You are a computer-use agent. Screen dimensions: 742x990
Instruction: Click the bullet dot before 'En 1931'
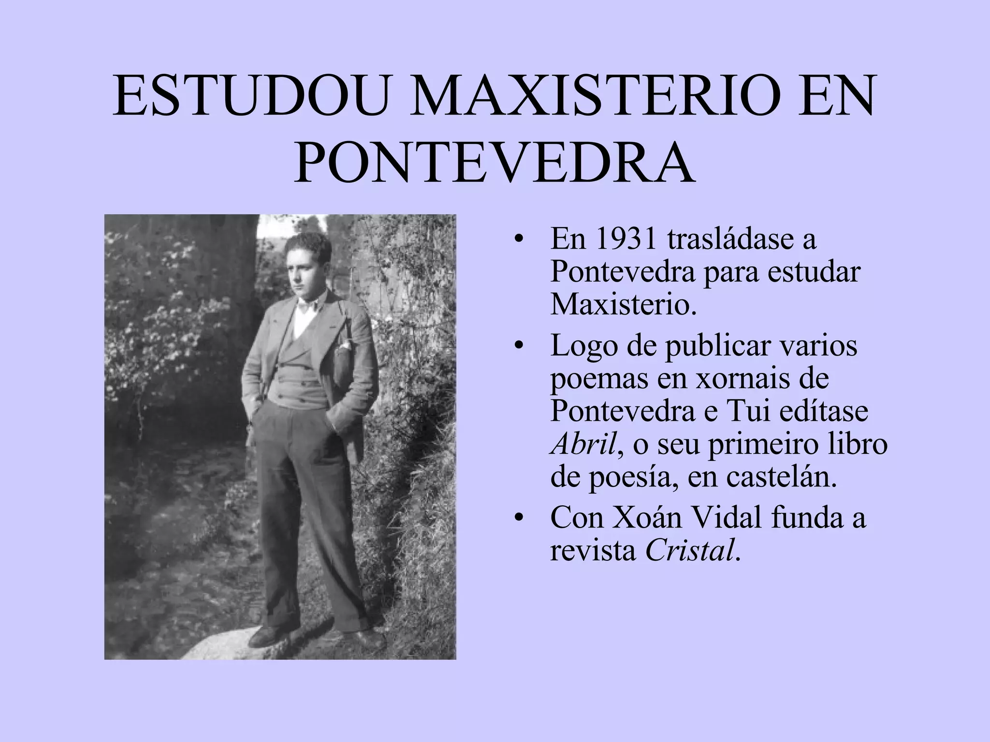point(519,240)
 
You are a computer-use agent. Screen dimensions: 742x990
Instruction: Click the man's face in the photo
point(308,271)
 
